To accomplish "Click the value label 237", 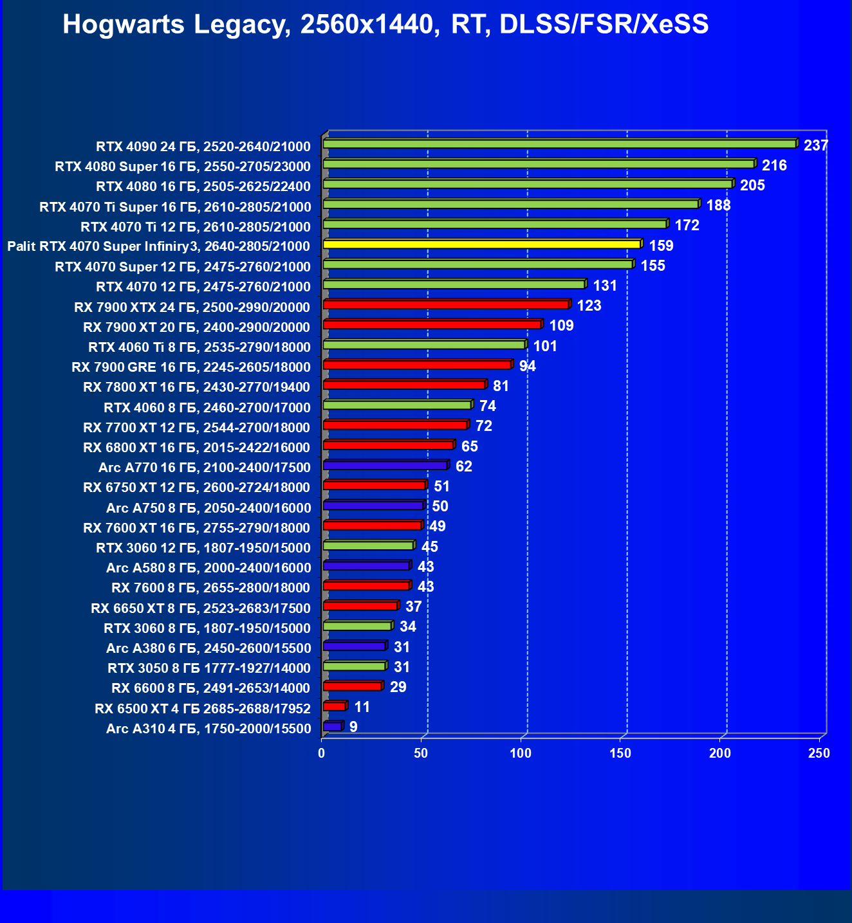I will coord(815,145).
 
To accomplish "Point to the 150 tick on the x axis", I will coord(620,753).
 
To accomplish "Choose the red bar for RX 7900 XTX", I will coord(445,305).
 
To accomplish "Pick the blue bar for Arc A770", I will coord(385,466).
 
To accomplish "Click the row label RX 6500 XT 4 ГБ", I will coord(202,709).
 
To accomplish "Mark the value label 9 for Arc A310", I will coord(353,727).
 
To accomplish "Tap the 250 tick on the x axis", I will coord(819,753).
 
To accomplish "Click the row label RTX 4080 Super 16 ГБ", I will coord(183,167).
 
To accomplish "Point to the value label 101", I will coord(544,346).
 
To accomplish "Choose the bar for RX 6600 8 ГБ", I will coord(352,686).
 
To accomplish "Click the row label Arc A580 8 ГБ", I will coord(208,568).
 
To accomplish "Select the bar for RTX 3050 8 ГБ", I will coord(354,666).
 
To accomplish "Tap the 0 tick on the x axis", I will coord(322,753).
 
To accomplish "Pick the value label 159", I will coord(661,246).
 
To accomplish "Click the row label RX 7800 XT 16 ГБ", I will coord(197,387).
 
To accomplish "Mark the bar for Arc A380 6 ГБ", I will coord(354,646).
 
